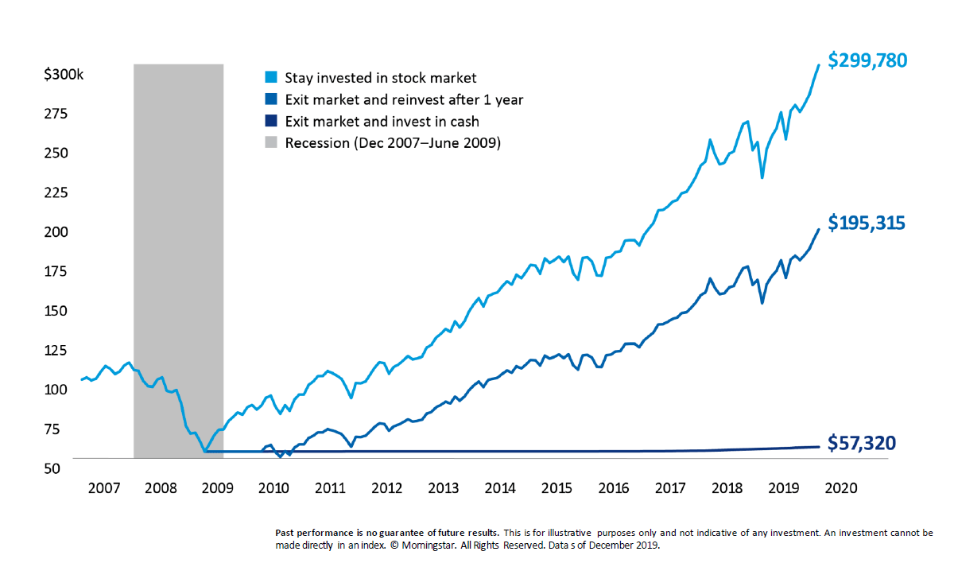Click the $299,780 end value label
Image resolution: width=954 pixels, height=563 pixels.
click(867, 60)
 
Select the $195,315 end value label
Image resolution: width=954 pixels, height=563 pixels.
click(867, 223)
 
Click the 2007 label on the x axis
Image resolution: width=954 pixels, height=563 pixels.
click(104, 487)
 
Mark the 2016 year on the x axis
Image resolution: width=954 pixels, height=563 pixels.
click(614, 487)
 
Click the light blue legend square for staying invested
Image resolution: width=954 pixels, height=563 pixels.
click(270, 78)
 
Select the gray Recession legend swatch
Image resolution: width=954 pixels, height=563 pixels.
click(270, 143)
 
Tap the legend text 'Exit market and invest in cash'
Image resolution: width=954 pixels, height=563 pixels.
click(382, 122)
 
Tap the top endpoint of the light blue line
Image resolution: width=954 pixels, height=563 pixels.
click(819, 65)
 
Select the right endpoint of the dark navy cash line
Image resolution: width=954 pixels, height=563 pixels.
click(819, 446)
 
